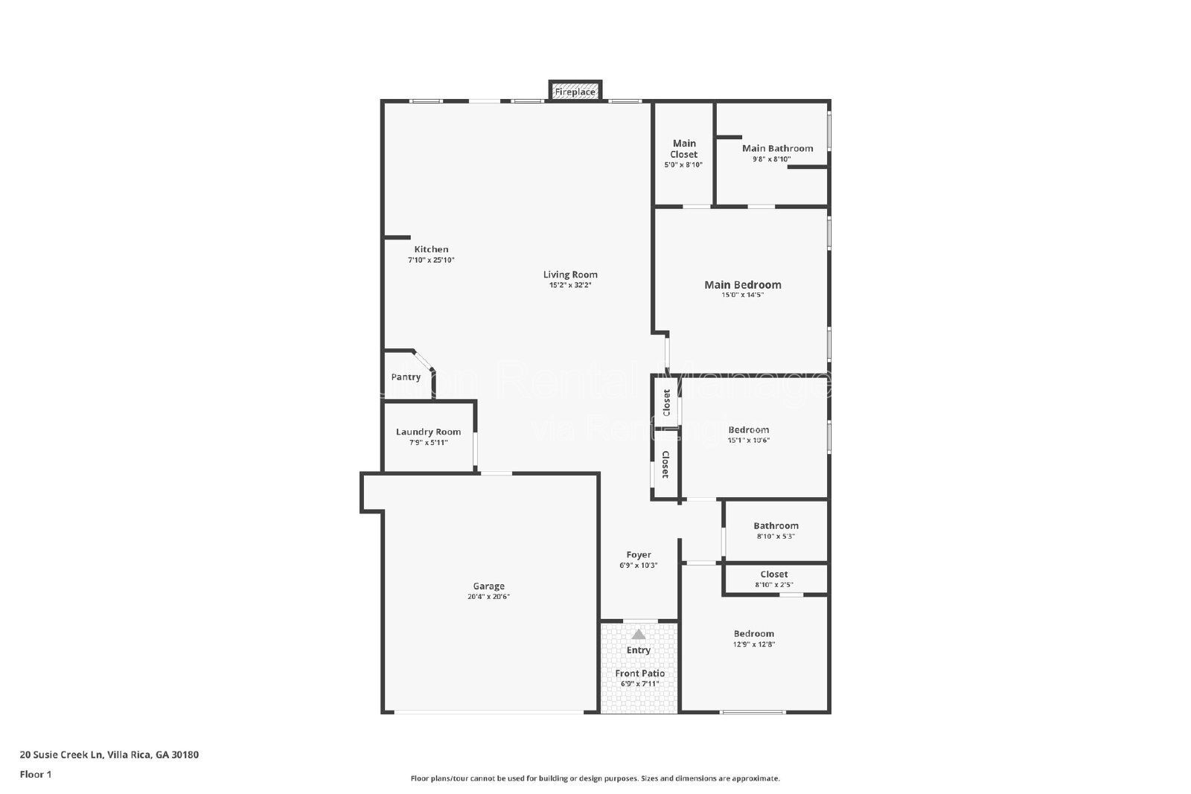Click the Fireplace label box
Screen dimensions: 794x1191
pyautogui.click(x=575, y=92)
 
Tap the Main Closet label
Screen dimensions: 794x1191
pyautogui.click(x=684, y=149)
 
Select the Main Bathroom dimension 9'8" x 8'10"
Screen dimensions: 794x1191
pyautogui.click(x=771, y=159)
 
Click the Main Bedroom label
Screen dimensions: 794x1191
pyautogui.click(x=743, y=284)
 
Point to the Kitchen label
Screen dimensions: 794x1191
pyautogui.click(x=431, y=249)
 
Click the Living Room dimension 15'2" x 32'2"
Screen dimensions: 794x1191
pyautogui.click(x=570, y=285)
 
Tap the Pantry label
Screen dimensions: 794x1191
pyautogui.click(x=406, y=377)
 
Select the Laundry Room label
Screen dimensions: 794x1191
pyautogui.click(x=428, y=432)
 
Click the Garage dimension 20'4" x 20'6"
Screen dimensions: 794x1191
pyautogui.click(x=489, y=597)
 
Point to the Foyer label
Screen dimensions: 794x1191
pyautogui.click(x=639, y=554)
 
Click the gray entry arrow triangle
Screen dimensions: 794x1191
pyautogui.click(x=639, y=635)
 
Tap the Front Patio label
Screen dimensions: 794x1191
pyautogui.click(x=640, y=673)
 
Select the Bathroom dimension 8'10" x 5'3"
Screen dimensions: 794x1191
pyautogui.click(x=776, y=536)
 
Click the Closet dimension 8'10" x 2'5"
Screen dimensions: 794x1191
pyautogui.click(x=774, y=585)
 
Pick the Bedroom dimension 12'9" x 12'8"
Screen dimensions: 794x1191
pyautogui.click(x=754, y=644)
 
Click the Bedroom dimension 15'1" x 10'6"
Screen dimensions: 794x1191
pyautogui.click(x=748, y=440)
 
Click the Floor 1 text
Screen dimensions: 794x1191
pyautogui.click(x=35, y=775)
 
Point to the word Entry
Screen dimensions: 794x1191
pyautogui.click(x=639, y=650)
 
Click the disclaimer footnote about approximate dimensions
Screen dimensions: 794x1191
pyautogui.click(x=595, y=778)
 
